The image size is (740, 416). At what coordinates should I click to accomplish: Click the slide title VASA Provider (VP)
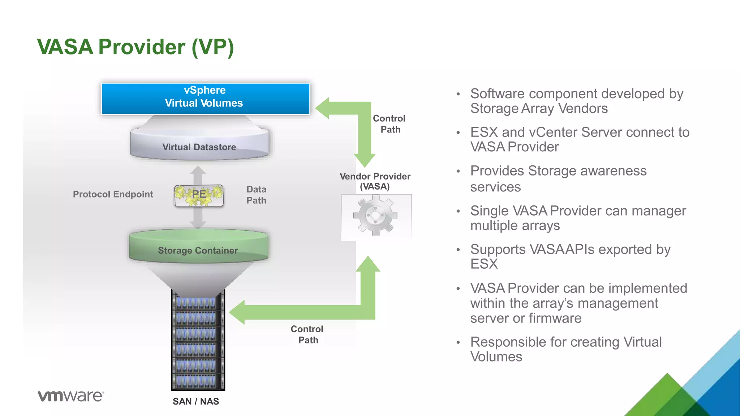[x=135, y=47]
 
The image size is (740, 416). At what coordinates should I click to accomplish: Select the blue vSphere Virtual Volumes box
[x=205, y=99]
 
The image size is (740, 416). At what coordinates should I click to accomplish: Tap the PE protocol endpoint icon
[x=199, y=195]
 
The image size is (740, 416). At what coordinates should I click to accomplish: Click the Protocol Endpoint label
[x=113, y=194]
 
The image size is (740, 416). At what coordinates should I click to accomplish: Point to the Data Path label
[x=256, y=195]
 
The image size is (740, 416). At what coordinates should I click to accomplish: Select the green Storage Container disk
[x=198, y=247]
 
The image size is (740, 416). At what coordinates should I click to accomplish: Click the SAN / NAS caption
[x=195, y=402]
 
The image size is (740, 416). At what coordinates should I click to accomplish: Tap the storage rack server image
[x=198, y=339]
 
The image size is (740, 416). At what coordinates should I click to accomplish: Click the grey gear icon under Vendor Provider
[x=376, y=216]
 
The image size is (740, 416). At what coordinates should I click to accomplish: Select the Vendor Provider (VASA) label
[x=375, y=181]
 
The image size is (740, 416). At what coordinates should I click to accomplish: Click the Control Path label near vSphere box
[x=390, y=124]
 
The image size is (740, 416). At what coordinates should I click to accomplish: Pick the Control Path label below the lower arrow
[x=307, y=334]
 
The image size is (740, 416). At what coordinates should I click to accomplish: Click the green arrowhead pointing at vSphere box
[x=322, y=108]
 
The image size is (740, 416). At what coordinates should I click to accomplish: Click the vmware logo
[x=71, y=396]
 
